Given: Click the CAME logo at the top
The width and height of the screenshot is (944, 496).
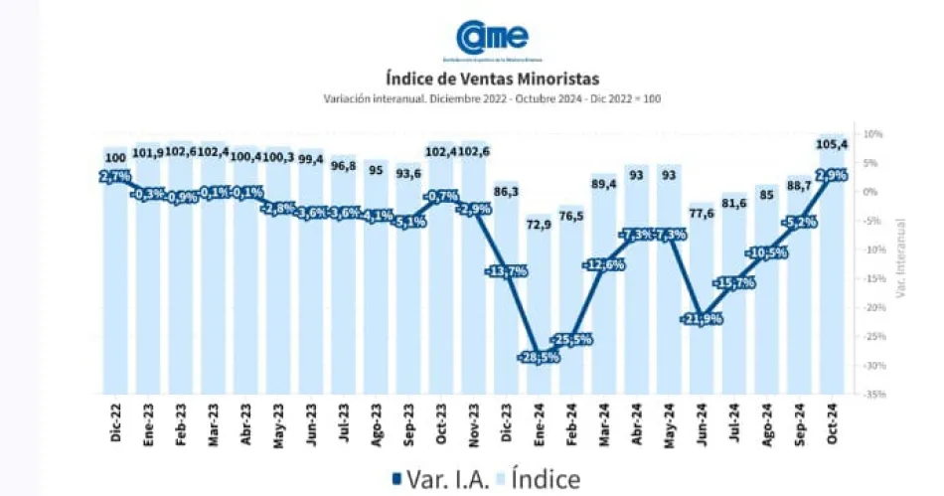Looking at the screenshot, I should [492, 37].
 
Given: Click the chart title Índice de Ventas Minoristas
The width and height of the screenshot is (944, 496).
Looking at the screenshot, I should [492, 77].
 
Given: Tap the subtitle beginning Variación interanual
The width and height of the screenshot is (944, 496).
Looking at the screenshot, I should [492, 98].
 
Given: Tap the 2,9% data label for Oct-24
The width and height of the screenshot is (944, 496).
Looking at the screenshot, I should [830, 176].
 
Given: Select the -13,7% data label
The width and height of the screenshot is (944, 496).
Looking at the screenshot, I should [506, 271].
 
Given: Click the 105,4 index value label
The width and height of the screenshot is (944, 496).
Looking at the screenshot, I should [831, 145].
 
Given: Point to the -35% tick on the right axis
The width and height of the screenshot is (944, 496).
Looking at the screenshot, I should [872, 395].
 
